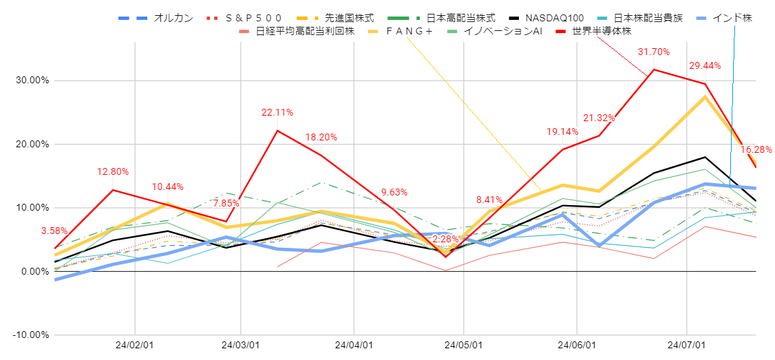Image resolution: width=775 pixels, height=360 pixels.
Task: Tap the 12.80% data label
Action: (112, 171)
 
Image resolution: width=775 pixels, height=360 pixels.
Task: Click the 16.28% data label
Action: (756, 149)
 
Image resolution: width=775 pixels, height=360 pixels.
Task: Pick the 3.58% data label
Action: (55, 231)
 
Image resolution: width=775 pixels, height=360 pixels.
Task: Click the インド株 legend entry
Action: (730, 18)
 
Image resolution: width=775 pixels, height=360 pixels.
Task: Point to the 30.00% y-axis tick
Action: (32, 80)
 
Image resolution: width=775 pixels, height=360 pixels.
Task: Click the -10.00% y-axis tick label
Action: (30, 335)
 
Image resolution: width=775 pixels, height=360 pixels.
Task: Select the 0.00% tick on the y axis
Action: (34, 271)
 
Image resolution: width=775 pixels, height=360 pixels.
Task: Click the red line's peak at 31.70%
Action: (653, 70)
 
